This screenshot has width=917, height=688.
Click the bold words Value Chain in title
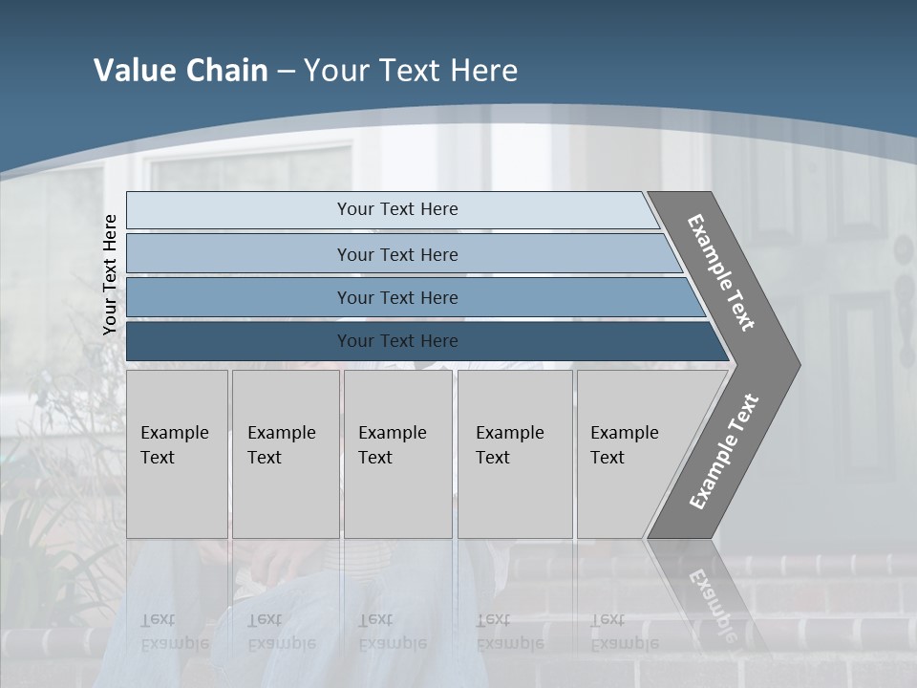pos(181,71)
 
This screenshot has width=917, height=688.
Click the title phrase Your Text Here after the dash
pos(411,71)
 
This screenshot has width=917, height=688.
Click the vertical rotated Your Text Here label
pos(110,274)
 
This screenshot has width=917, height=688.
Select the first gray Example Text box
pos(177,454)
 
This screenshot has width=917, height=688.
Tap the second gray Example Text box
pos(286,454)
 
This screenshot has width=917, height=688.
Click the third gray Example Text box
pos(397,454)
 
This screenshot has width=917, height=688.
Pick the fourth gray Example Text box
pos(515,454)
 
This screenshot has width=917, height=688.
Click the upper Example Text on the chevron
pos(721,272)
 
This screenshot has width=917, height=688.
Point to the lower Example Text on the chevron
pos(724,452)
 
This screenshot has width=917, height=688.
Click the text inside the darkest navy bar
pos(397,341)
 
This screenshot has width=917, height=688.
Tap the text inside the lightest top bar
pos(397,209)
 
